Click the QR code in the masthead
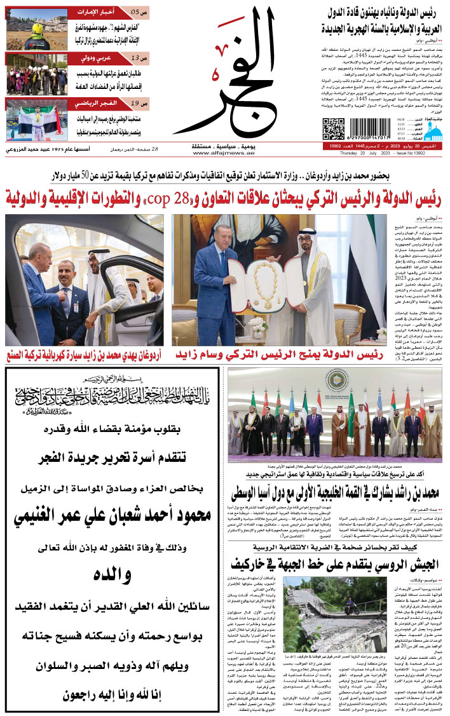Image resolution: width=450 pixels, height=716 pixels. (333, 128)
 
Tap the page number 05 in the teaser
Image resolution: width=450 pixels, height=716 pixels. (135, 12)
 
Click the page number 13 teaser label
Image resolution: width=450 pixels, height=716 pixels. (135, 58)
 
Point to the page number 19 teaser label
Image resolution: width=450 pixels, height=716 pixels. (135, 104)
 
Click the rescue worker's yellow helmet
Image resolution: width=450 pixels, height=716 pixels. (38, 29)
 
